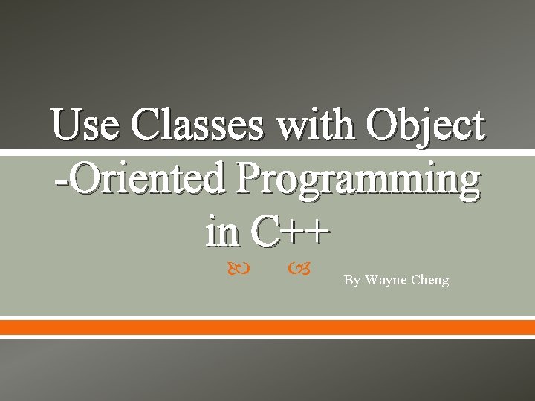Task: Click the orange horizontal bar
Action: pos(267,327)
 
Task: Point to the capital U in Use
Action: pos(65,124)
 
